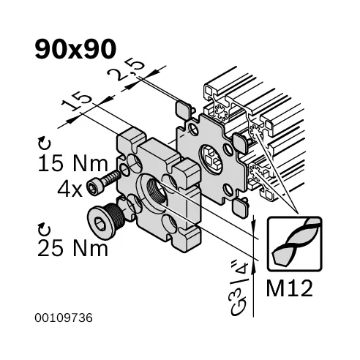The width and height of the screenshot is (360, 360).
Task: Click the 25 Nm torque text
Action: tap(72, 248)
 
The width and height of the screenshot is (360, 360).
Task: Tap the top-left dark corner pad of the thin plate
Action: tap(183, 109)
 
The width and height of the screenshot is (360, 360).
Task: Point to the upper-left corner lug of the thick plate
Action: tap(130, 137)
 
